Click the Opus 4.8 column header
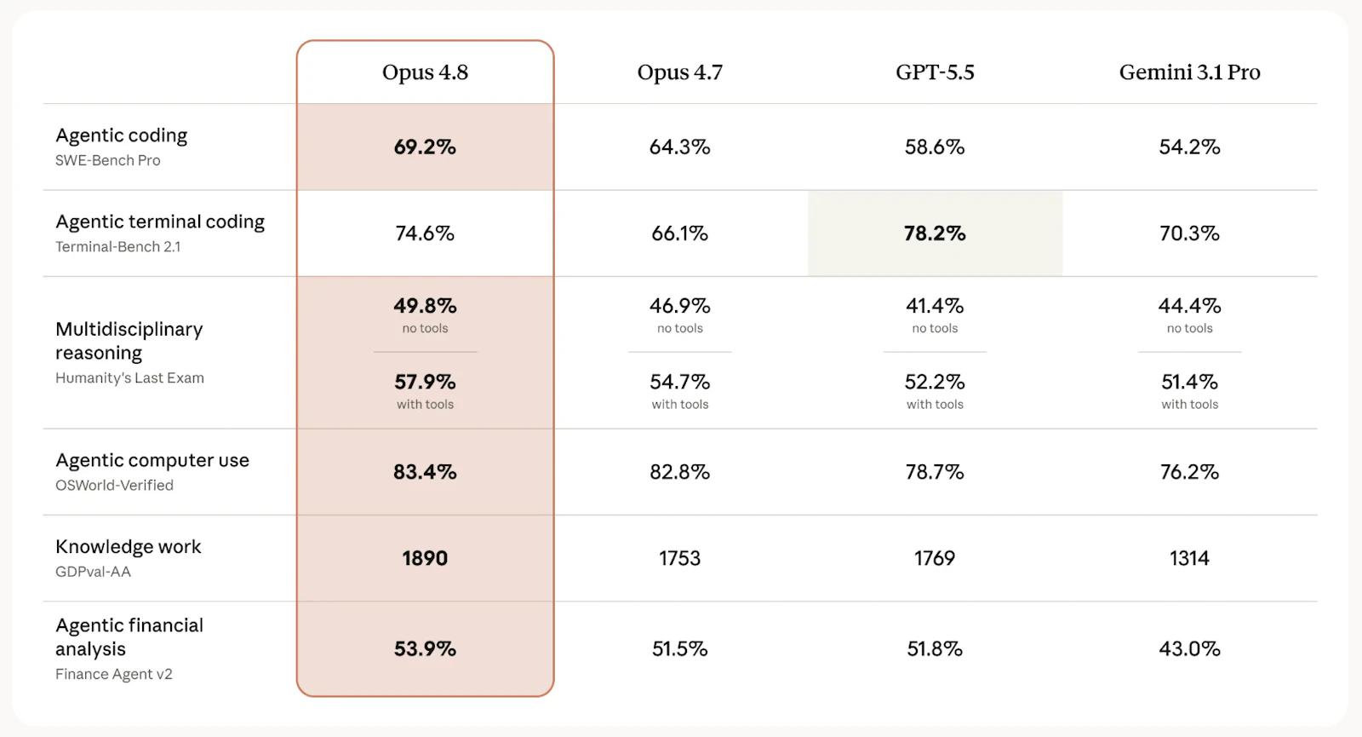tap(425, 72)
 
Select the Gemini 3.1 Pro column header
tap(1189, 72)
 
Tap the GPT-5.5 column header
tap(935, 72)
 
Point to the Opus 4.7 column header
tap(680, 72)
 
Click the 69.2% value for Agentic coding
tap(425, 147)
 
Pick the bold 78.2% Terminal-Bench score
tap(935, 233)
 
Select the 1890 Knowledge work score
tap(425, 558)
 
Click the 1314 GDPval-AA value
tap(1189, 558)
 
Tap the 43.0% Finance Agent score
tap(1189, 648)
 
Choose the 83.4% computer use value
tap(425, 472)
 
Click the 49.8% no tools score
tap(425, 306)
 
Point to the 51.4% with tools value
tap(1189, 382)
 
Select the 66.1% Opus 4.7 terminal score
tap(680, 233)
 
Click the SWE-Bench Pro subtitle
tap(107, 160)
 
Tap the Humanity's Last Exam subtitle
tap(129, 378)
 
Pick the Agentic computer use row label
tap(152, 460)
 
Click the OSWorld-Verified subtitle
tap(114, 485)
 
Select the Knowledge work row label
tap(129, 546)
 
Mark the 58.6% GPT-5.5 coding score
tap(935, 147)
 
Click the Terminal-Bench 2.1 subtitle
tap(118, 246)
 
